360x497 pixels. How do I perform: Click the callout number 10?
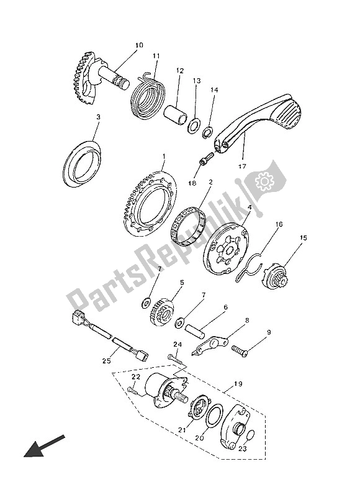pos(139,45)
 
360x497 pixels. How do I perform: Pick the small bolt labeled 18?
pos(206,158)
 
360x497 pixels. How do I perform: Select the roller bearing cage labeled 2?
pos(188,229)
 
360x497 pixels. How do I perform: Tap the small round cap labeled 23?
pos(250,435)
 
